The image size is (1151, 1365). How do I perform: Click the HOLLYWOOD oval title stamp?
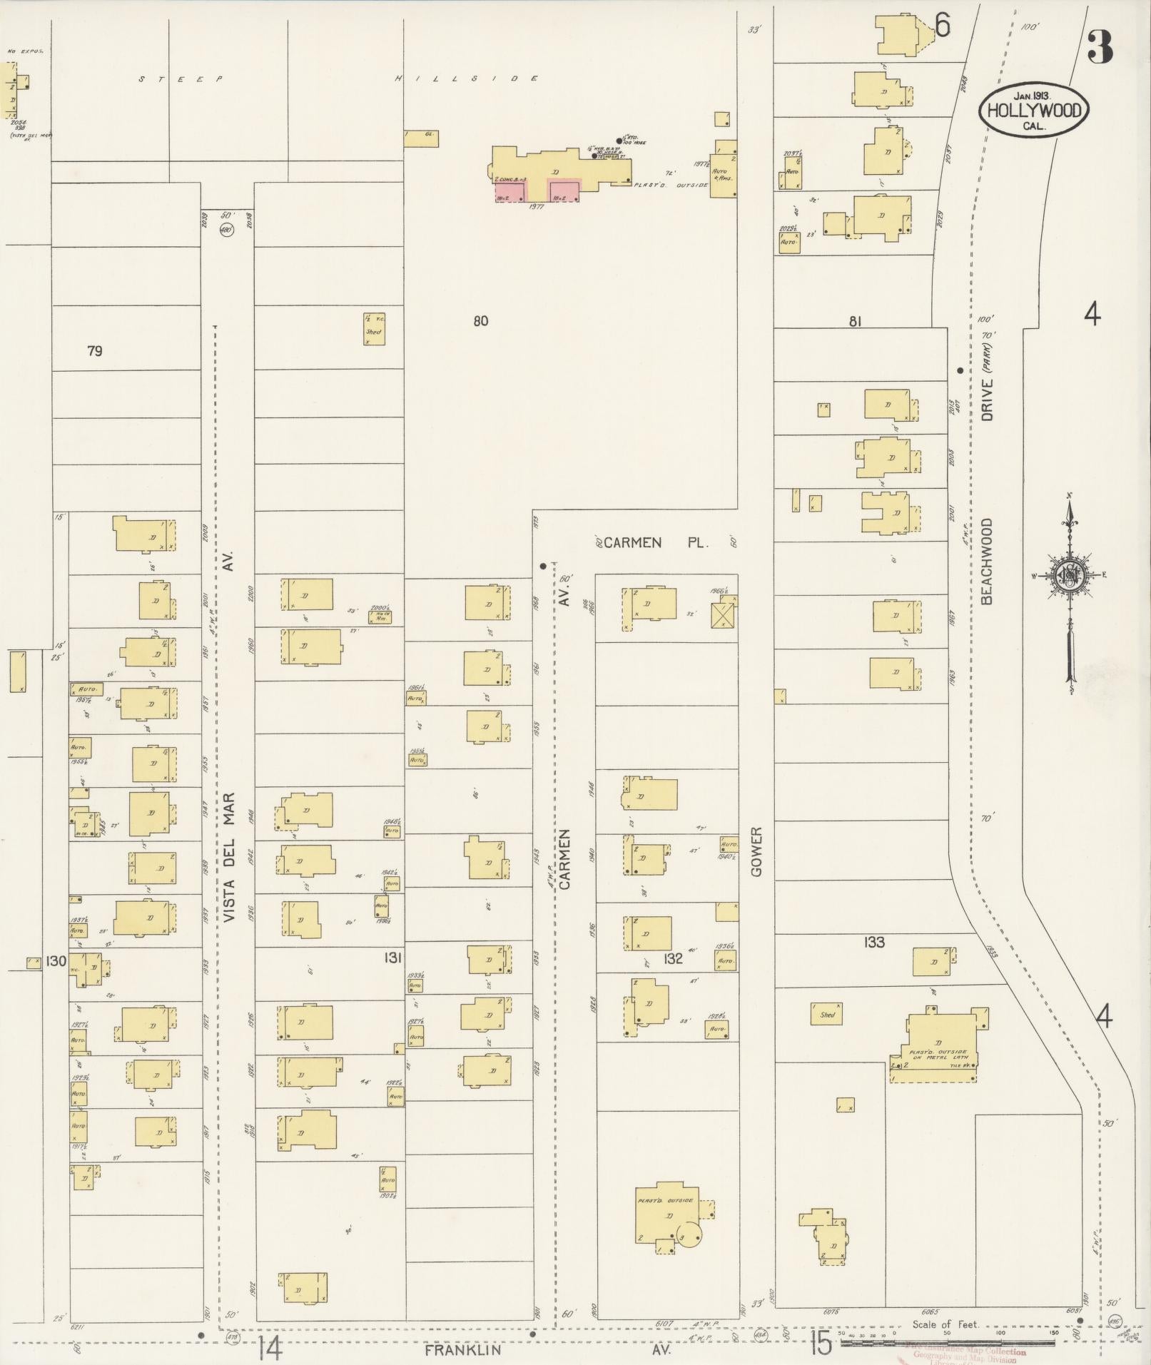[1034, 111]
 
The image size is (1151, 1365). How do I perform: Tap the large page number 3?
[1100, 48]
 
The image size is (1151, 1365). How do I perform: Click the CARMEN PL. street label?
[653, 543]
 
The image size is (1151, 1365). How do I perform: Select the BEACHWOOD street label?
[988, 562]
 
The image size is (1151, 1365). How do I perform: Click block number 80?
[481, 321]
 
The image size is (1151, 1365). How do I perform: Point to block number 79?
[94, 350]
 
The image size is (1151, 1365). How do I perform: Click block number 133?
[874, 943]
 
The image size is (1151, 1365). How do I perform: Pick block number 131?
[393, 958]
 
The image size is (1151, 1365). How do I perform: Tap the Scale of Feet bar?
[947, 1344]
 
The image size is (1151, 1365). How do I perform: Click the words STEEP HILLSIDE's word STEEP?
[181, 78]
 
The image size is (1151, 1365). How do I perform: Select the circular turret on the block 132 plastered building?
[689, 1235]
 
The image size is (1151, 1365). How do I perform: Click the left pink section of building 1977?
[510, 191]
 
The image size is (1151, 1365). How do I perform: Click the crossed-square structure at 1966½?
[724, 614]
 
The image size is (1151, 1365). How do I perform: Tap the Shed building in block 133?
[827, 1014]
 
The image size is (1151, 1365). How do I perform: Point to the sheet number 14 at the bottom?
[271, 1347]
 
